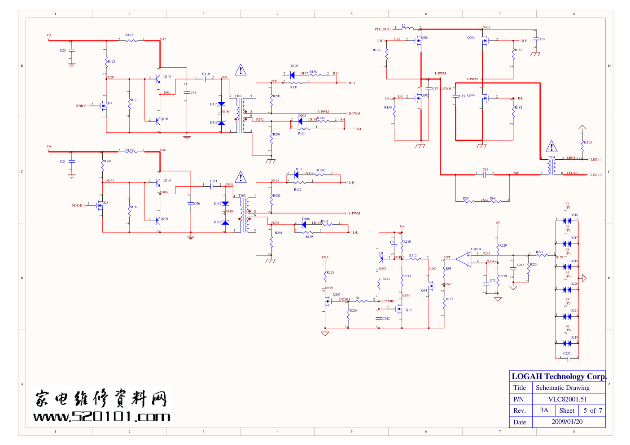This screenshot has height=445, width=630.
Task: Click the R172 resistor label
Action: pyautogui.click(x=129, y=35)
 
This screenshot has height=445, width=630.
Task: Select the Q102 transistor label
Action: pyautogui.click(x=167, y=77)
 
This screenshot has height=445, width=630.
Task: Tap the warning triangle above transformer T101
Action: pyautogui.click(x=241, y=70)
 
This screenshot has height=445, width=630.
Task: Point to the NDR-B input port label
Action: pyautogui.click(x=81, y=106)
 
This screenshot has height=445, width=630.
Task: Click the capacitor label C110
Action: pyautogui.click(x=206, y=74)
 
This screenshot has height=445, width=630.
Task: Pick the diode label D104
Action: pyautogui.click(x=294, y=65)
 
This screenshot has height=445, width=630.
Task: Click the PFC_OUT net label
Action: pyautogui.click(x=382, y=29)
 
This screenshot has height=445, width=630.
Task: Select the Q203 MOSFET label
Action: pyautogui.click(x=471, y=38)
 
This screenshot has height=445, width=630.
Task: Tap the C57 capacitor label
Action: pyautogui.click(x=542, y=39)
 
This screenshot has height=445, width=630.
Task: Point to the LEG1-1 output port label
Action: pyautogui.click(x=596, y=160)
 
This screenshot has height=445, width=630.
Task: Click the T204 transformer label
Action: pyautogui.click(x=551, y=157)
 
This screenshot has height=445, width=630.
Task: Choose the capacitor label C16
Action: pyautogui.click(x=485, y=170)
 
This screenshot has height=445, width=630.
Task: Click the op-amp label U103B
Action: pyautogui.click(x=476, y=249)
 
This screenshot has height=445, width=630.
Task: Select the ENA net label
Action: pyautogui.click(x=325, y=257)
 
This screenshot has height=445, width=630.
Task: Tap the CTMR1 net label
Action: pyautogui.click(x=389, y=301)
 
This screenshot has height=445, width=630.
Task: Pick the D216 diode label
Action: pyautogui.click(x=574, y=215)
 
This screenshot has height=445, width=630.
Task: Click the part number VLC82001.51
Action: pyautogui.click(x=567, y=399)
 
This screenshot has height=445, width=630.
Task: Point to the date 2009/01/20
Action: pyautogui.click(x=567, y=422)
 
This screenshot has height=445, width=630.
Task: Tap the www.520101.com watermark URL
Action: pyautogui.click(x=102, y=417)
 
